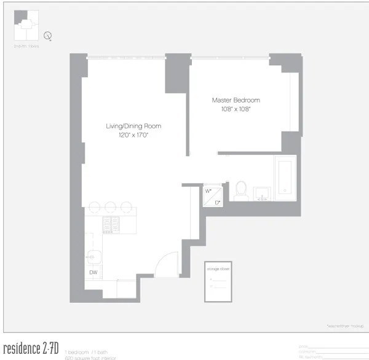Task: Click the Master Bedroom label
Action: pos(236,100)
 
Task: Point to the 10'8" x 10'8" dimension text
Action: pos(236,109)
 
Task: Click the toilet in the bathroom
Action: pos(240,189)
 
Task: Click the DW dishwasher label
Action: pos(93,272)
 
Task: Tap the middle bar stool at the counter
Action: pos(111,207)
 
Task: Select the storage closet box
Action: pos(220,281)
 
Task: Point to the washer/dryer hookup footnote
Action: pos(345,326)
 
